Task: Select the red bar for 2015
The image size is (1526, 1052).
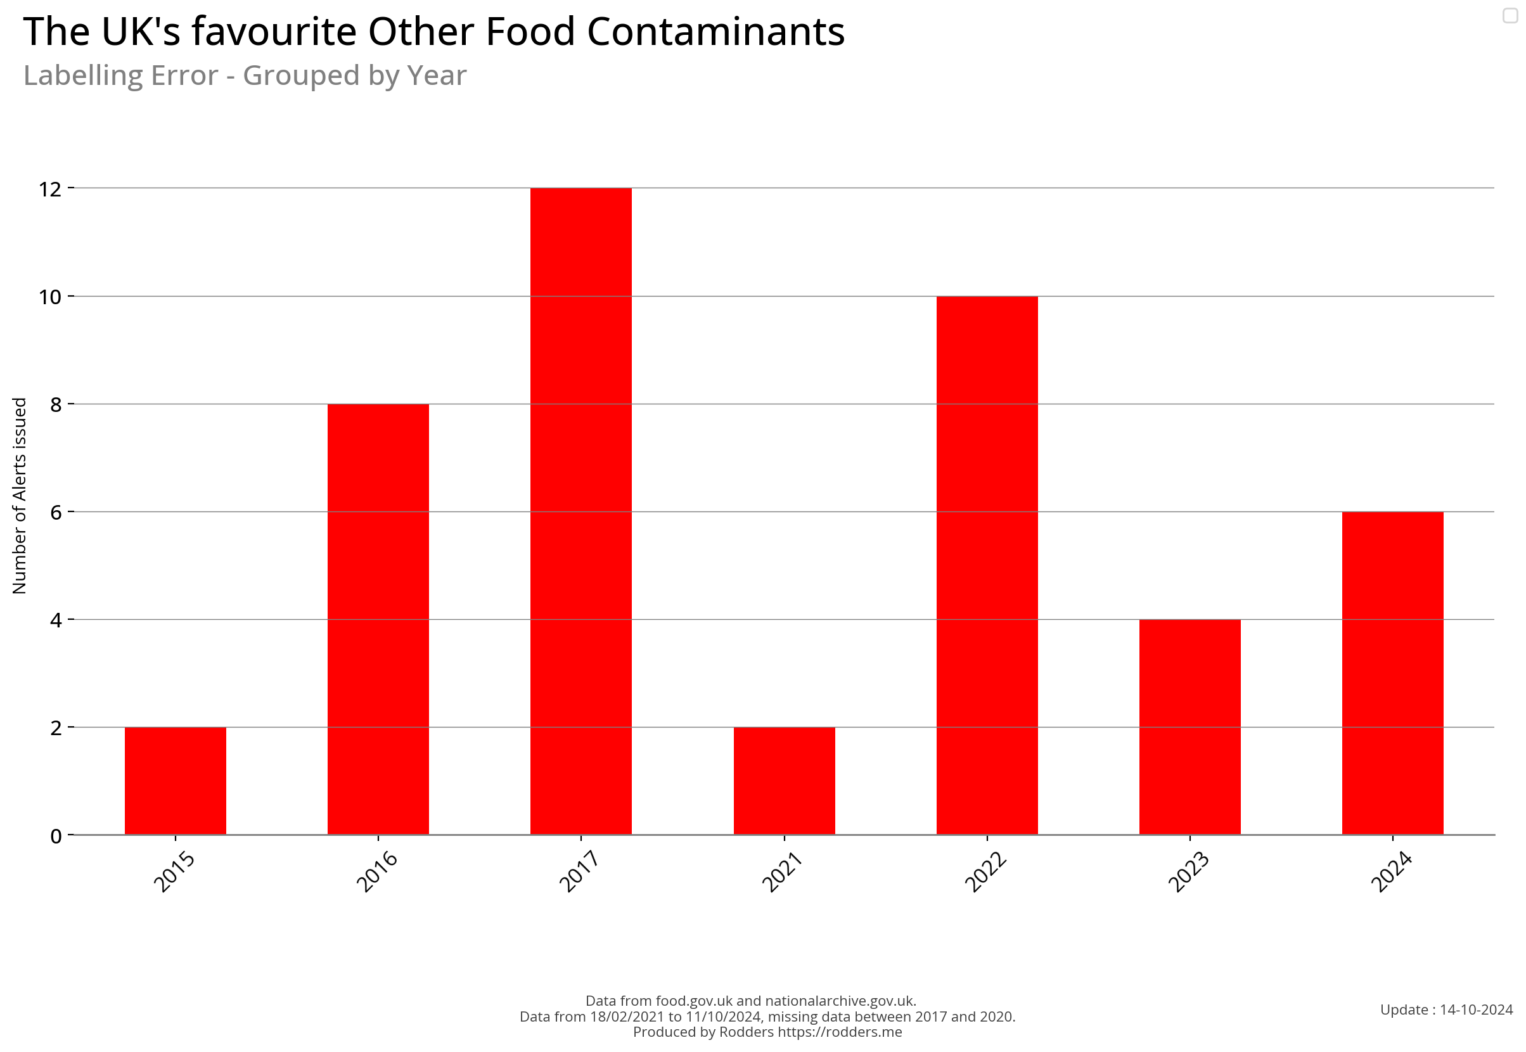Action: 176,781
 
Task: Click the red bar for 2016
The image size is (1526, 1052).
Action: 378,620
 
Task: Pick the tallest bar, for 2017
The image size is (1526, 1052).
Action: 580,511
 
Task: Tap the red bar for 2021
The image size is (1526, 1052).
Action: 785,781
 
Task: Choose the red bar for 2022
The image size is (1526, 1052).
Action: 987,565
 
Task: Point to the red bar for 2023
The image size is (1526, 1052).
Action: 1190,727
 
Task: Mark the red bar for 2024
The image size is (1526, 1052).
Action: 1393,673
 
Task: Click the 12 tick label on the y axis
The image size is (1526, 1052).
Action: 50,190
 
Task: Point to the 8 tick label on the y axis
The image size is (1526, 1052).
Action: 56,405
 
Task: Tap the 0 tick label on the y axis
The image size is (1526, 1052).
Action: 56,837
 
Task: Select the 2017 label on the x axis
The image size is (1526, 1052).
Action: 579,872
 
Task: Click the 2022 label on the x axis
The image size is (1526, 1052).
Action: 985,872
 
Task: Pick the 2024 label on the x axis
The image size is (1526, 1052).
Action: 1391,872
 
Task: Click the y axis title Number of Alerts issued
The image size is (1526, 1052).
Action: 20,496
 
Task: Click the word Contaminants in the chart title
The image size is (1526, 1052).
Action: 715,32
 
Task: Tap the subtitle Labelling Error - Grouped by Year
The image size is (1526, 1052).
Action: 245,76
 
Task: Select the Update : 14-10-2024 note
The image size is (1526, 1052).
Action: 1446,1010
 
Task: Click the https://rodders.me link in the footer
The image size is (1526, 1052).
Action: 839,1032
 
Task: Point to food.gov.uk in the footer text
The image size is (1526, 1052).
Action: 694,1001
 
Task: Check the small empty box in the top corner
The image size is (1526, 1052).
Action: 1510,15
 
